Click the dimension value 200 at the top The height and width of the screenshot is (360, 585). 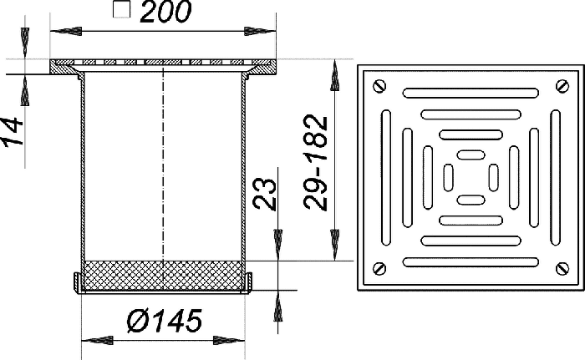click(166, 11)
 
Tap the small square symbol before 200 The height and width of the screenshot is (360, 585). click(122, 9)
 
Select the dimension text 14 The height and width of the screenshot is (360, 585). click(13, 131)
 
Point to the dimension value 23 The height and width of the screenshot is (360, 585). click(265, 194)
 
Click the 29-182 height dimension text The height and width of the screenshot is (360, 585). click(316, 162)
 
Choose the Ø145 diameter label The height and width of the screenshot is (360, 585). click(164, 321)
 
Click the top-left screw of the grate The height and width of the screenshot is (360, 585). click(379, 87)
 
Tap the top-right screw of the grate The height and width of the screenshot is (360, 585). click(562, 86)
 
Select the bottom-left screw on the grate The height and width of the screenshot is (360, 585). click(379, 269)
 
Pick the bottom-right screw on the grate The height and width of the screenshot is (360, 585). click(562, 269)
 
